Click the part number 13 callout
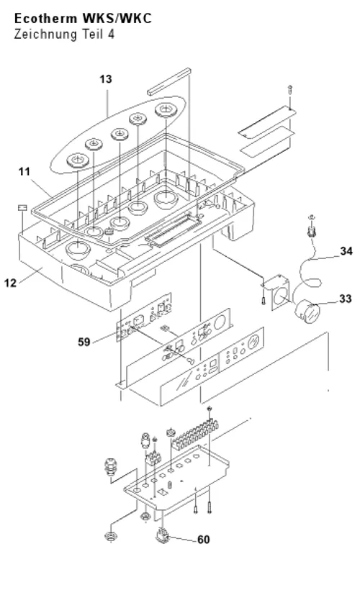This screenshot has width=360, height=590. [x=106, y=79]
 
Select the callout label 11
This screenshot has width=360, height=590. [x=24, y=171]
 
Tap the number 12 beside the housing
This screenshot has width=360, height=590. [x=11, y=283]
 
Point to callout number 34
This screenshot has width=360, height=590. [x=346, y=251]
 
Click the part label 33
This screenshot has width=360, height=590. [x=346, y=299]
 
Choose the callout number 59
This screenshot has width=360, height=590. [x=84, y=342]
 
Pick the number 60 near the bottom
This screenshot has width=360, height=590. [x=203, y=540]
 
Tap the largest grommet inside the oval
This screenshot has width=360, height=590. [x=165, y=110]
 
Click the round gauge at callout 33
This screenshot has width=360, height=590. [x=307, y=312]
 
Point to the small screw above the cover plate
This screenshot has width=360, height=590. [x=289, y=91]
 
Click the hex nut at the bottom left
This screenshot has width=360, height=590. [x=109, y=535]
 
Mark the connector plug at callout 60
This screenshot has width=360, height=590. [x=162, y=535]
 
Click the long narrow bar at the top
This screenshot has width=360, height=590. [x=169, y=81]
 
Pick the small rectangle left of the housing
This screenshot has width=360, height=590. [x=22, y=208]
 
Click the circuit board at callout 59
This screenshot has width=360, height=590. [x=144, y=317]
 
